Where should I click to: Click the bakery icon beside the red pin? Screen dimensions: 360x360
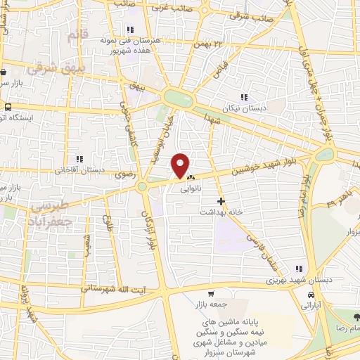coord(191,178)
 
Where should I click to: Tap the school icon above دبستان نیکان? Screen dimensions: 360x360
coord(244,97)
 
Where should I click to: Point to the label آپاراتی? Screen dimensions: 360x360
coord(310,307)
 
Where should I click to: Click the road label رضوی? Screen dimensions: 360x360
coord(127,180)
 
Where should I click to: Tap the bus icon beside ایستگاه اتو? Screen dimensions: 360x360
coord(7,108)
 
